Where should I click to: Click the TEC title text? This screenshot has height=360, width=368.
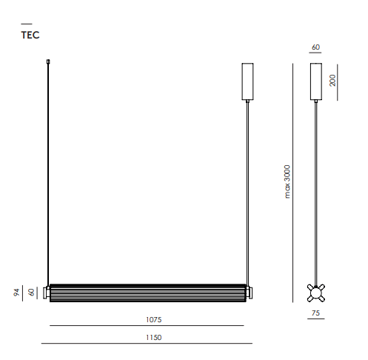(x=30, y=35)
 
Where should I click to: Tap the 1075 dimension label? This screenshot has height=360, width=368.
(x=153, y=320)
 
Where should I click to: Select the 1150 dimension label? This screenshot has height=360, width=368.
(x=153, y=338)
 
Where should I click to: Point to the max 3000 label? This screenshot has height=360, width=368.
(x=287, y=181)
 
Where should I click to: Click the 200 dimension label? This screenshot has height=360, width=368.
(x=332, y=80)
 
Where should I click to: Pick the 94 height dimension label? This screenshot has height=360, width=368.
(x=16, y=293)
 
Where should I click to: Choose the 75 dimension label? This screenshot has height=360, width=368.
(x=315, y=313)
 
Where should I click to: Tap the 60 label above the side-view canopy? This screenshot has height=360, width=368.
(x=315, y=47)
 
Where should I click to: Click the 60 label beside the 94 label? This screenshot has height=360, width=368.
(x=31, y=293)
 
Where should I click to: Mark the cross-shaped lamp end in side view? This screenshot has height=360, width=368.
(x=316, y=293)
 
